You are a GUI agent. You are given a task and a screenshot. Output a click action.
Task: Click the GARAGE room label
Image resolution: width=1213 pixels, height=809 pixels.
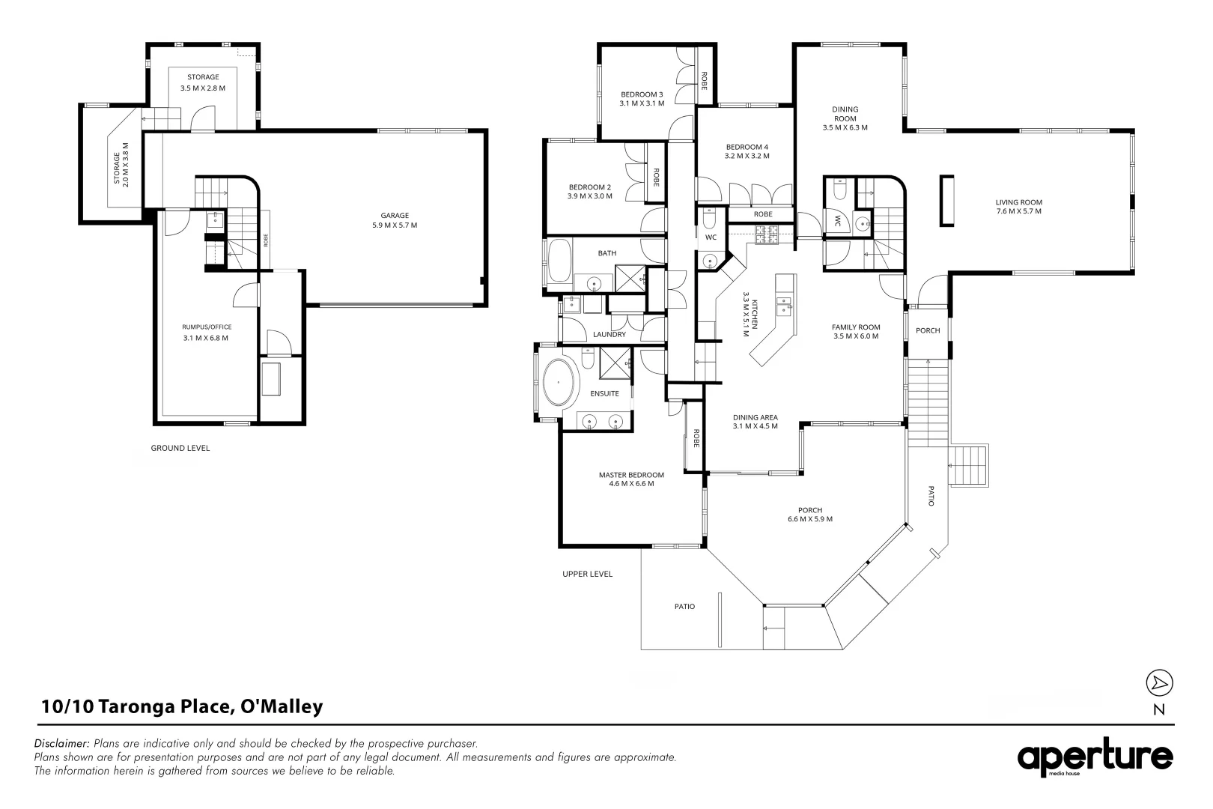click(x=394, y=215)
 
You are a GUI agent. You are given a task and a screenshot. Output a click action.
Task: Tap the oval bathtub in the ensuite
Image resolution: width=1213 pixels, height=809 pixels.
click(x=559, y=382)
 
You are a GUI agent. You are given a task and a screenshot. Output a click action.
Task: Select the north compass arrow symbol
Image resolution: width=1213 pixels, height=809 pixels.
click(x=1159, y=682)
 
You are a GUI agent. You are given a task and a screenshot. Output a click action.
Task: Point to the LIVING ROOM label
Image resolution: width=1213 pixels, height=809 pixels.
click(x=1018, y=202)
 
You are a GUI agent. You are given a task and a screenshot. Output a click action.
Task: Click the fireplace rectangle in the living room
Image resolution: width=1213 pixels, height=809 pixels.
click(x=946, y=200)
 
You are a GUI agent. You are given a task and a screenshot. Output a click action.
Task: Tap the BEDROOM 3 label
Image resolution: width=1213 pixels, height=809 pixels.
click(x=642, y=94)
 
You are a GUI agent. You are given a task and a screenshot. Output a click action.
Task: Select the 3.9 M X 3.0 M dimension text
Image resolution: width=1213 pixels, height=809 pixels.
click(x=590, y=196)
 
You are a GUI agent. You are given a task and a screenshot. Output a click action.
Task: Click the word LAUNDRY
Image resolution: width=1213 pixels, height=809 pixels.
click(x=609, y=334)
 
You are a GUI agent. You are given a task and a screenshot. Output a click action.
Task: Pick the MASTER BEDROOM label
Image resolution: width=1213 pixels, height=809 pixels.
click(x=631, y=475)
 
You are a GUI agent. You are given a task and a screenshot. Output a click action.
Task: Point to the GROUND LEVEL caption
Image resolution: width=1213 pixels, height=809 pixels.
click(x=180, y=448)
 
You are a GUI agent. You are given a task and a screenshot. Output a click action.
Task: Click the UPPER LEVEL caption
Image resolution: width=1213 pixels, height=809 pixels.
click(x=588, y=574)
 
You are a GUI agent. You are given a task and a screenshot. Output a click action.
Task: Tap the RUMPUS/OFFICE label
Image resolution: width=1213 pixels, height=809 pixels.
click(x=207, y=327)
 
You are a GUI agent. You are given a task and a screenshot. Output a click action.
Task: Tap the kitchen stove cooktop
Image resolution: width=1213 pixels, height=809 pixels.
click(x=767, y=234)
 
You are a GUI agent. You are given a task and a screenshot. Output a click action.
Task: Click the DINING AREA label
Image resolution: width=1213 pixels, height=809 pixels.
click(x=756, y=417)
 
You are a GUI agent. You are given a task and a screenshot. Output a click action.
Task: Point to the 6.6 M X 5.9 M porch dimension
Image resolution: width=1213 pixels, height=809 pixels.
click(x=810, y=519)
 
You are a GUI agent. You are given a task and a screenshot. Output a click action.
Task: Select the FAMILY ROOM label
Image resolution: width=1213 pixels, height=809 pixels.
click(x=856, y=327)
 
